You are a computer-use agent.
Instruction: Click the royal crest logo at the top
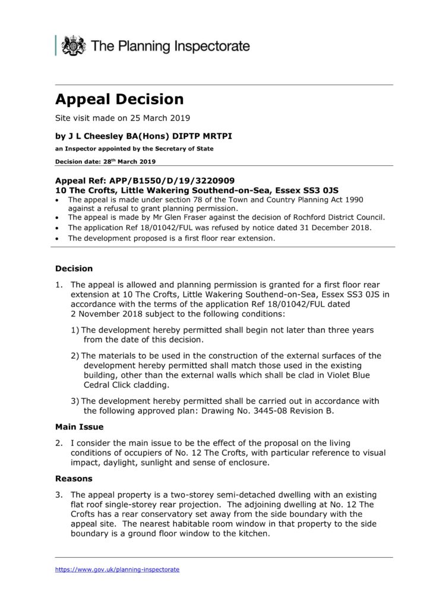point(74,45)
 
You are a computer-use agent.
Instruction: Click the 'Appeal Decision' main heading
point(119,99)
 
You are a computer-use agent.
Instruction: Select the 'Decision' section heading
point(74,268)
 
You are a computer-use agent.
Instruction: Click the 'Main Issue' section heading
point(79,426)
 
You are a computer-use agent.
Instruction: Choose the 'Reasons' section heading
point(74,478)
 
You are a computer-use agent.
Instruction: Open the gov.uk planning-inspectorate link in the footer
point(117,569)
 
